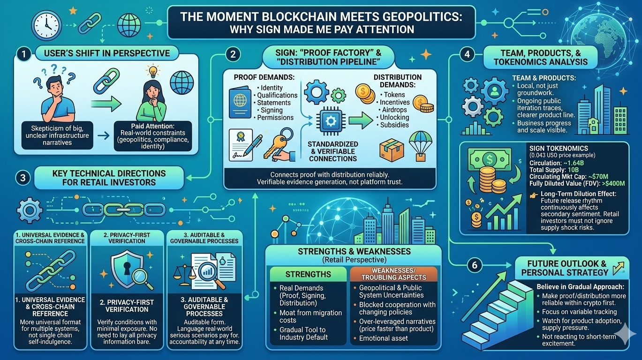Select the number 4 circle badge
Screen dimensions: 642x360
pos(467,54)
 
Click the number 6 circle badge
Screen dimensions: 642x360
pos(474,265)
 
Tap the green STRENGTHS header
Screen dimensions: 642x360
pos(308,274)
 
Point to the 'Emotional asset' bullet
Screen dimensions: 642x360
pos(384,338)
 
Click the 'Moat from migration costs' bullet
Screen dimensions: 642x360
pos(310,316)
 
